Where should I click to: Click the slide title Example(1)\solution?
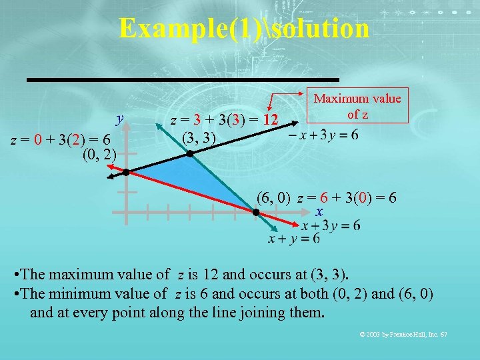coord(243,28)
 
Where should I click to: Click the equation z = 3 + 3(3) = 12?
coord(225,121)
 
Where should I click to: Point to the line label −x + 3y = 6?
coord(323,134)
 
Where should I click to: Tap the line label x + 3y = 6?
coord(331,225)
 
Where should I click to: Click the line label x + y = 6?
coord(293,239)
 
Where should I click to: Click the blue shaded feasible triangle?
coord(193,177)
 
